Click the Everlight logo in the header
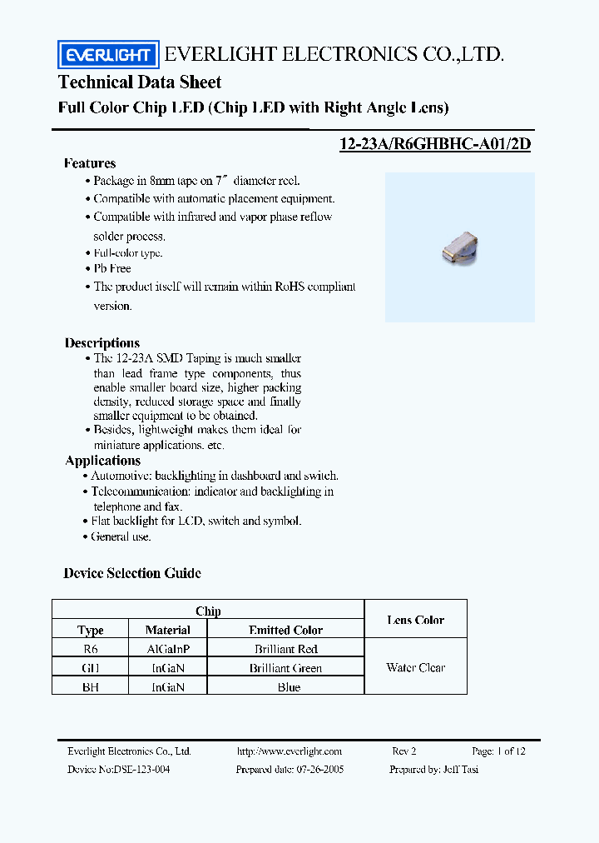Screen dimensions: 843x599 pyautogui.click(x=107, y=55)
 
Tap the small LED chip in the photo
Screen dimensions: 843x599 pyautogui.click(x=461, y=247)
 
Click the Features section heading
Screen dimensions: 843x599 pyautogui.click(x=90, y=163)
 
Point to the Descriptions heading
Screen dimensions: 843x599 pyautogui.click(x=102, y=343)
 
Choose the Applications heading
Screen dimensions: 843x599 pyautogui.click(x=103, y=461)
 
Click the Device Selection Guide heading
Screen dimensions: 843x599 pyautogui.click(x=132, y=573)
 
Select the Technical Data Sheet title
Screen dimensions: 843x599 pyautogui.click(x=140, y=82)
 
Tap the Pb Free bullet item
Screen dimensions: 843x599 pyautogui.click(x=112, y=268)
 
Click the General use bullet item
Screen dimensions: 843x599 pyautogui.click(x=121, y=536)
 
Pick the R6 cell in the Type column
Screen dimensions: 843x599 pyautogui.click(x=90, y=649)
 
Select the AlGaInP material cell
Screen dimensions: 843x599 pyautogui.click(x=167, y=649)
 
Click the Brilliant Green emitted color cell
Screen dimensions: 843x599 pyautogui.click(x=285, y=668)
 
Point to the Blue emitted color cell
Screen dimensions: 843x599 pyautogui.click(x=289, y=687)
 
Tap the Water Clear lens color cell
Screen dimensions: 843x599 pyautogui.click(x=415, y=667)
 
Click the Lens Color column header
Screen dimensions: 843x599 pyautogui.click(x=415, y=620)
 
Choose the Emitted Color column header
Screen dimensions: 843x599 pyautogui.click(x=285, y=631)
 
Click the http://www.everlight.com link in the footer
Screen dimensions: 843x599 pyautogui.click(x=289, y=751)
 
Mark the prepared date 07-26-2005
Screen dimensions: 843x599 pyautogui.click(x=319, y=769)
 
